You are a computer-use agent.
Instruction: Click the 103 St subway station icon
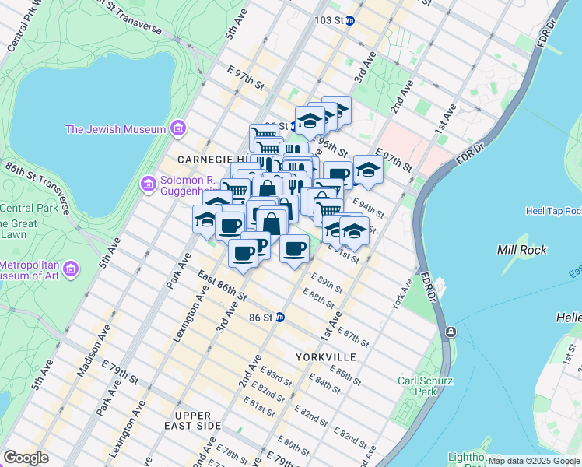(x=350, y=21)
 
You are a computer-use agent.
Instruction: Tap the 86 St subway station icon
(x=280, y=318)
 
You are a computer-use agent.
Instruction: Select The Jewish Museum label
(x=115, y=129)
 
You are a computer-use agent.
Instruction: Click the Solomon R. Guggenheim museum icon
(x=147, y=184)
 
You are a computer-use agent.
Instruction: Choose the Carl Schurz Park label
(x=417, y=386)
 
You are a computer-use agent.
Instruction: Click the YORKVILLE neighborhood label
(x=326, y=356)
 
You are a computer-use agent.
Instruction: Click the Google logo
(x=26, y=458)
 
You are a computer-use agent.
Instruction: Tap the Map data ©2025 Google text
(x=534, y=461)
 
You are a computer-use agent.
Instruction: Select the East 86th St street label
(x=222, y=286)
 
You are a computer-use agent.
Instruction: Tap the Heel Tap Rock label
(x=553, y=211)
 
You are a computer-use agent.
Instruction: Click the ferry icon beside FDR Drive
(x=450, y=332)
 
